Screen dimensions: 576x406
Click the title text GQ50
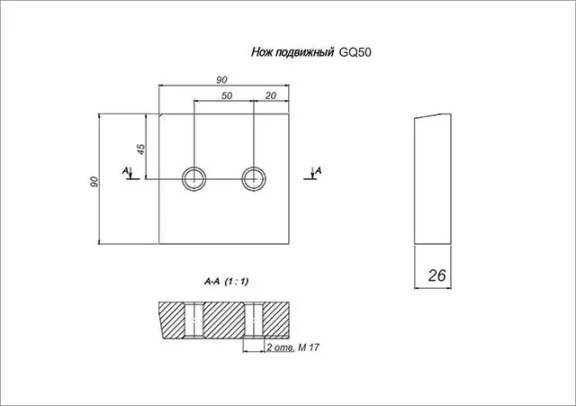(355, 52)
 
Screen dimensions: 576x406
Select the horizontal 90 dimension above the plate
(221, 80)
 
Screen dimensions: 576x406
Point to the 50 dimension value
(227, 95)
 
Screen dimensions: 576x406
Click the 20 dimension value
(270, 95)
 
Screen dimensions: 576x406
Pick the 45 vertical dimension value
(141, 149)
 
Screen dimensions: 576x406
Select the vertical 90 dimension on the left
(94, 182)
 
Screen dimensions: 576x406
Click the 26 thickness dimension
(437, 275)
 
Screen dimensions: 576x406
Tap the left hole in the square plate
(194, 179)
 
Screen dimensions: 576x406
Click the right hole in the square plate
(254, 179)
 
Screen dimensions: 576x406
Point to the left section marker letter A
(126, 171)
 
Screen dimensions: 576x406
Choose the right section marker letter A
(318, 170)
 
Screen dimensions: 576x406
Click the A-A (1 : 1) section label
(226, 282)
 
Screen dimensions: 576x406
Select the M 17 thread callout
(309, 347)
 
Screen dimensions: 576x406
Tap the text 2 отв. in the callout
(281, 347)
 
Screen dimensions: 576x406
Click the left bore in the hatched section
(193, 320)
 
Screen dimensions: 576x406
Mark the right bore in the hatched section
(254, 320)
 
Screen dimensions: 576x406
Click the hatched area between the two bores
(224, 320)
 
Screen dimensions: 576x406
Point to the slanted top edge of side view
(433, 116)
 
